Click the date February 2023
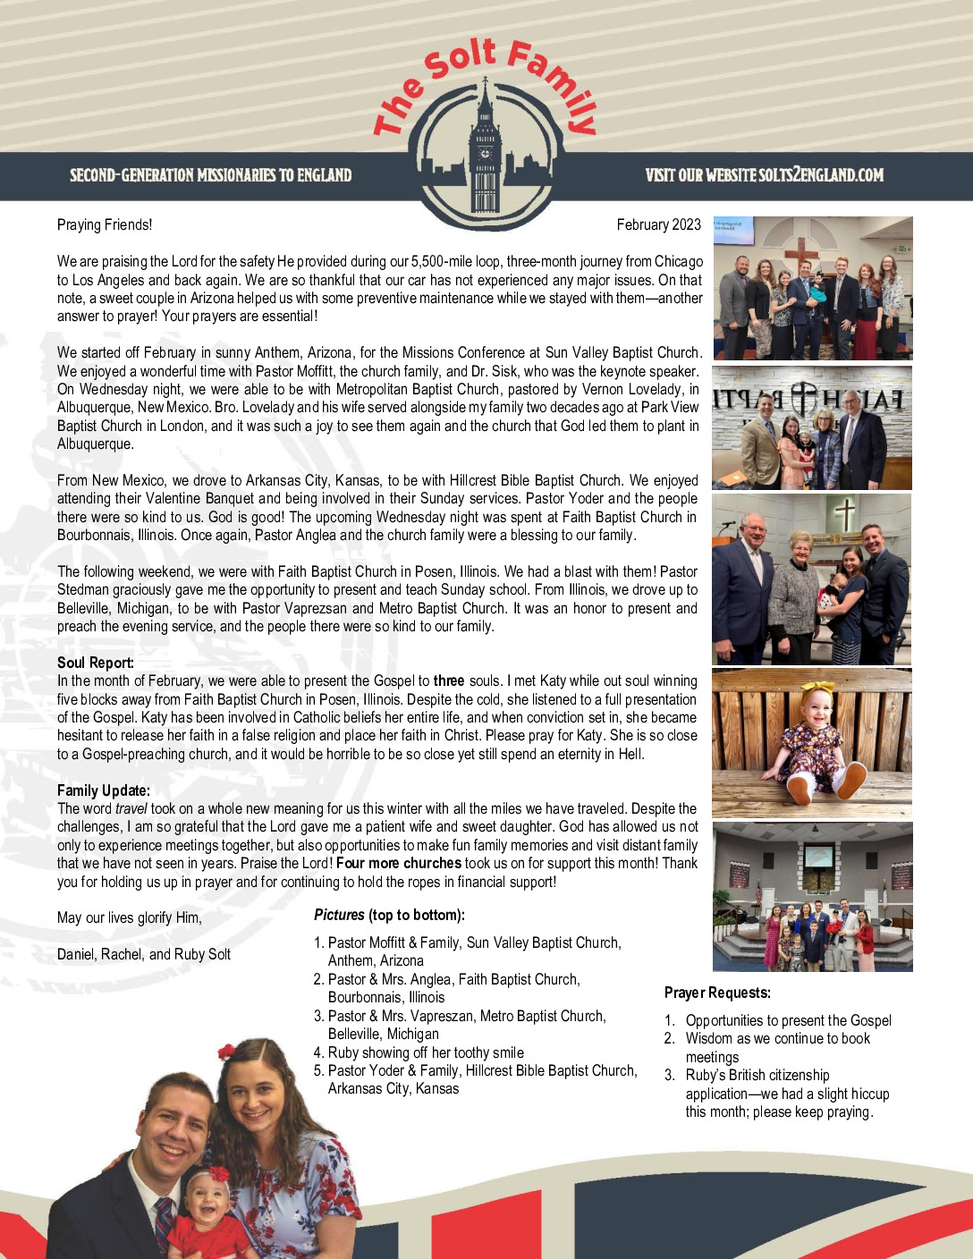(658, 224)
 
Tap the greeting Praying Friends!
(105, 224)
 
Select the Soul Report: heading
(96, 663)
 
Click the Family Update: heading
(104, 790)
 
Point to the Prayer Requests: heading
(717, 993)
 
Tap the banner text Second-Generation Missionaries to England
(211, 175)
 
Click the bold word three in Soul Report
(449, 681)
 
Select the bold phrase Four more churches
(399, 863)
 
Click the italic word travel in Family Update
(131, 808)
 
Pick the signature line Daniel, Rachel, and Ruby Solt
(144, 954)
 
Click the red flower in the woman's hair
(227, 1052)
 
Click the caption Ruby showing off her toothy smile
(426, 1052)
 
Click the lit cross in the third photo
(844, 514)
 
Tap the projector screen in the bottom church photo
(820, 856)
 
